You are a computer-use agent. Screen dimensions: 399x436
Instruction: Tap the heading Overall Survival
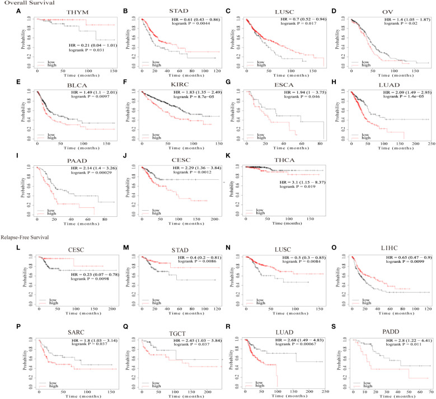coord(26,3)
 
